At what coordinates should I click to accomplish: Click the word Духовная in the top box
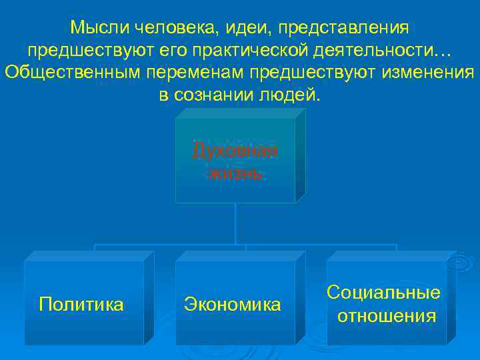[x=235, y=151]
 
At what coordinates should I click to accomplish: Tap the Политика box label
[x=81, y=305]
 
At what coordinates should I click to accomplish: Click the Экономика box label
[x=233, y=305]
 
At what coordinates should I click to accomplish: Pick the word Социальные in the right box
[x=384, y=293]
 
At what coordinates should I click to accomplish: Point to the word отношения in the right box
[x=386, y=315]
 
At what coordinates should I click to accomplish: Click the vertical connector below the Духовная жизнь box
[x=235, y=223]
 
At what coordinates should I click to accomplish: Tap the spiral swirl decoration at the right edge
[x=460, y=263]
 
